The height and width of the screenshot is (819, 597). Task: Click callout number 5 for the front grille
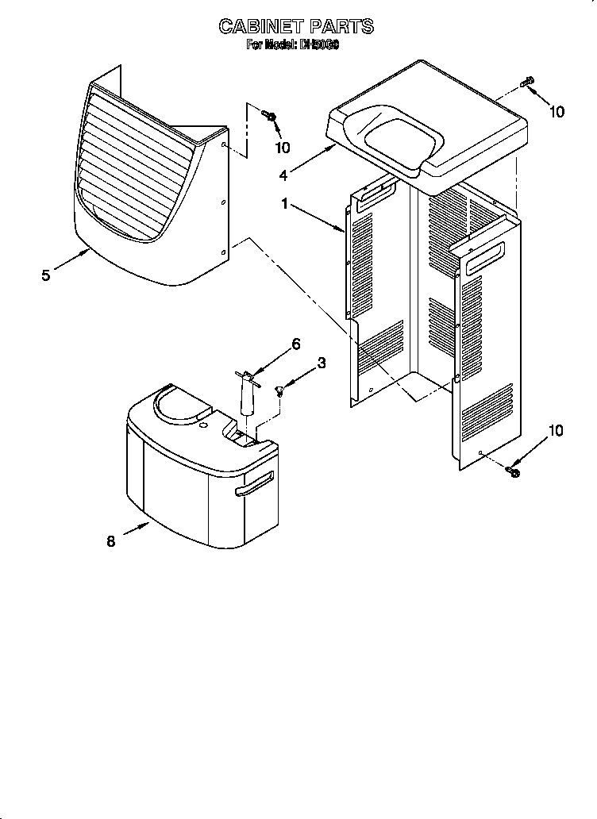(x=46, y=275)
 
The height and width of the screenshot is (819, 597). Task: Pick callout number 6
(x=295, y=344)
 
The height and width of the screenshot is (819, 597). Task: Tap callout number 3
(x=321, y=363)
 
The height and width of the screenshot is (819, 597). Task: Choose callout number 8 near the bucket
(x=110, y=541)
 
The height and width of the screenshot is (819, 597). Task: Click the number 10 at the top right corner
(x=557, y=112)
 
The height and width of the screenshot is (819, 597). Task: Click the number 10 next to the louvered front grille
(x=282, y=148)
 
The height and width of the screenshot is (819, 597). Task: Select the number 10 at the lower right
(x=555, y=431)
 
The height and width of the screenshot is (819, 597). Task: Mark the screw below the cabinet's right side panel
(x=512, y=472)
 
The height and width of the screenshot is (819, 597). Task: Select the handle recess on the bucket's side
(x=254, y=485)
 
